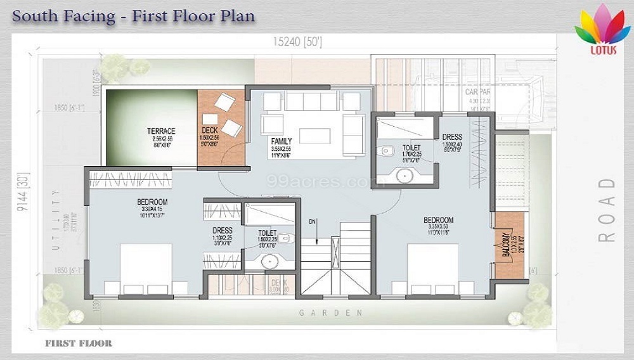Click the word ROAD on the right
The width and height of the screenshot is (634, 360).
[607, 210]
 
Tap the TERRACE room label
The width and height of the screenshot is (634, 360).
[160, 131]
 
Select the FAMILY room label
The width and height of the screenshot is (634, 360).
[281, 141]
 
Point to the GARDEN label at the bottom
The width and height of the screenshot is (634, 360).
[331, 313]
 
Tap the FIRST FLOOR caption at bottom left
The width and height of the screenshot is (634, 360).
[79, 344]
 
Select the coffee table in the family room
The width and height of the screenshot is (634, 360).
[315, 137]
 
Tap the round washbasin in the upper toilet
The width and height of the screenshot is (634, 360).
[403, 176]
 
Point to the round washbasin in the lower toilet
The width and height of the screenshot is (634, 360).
[269, 261]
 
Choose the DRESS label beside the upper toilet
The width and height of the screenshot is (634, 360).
[452, 137]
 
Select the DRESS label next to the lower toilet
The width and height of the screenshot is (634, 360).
[223, 231]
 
